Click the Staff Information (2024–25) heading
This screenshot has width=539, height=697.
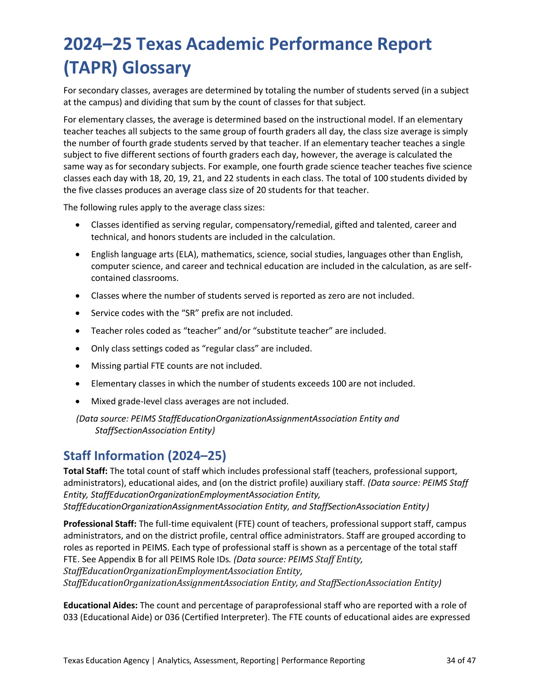point(145,456)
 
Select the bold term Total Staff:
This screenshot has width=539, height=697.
point(85,471)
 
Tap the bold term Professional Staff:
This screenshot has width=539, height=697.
point(100,524)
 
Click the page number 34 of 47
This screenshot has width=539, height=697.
point(461,660)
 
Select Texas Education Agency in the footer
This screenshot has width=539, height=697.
point(106,660)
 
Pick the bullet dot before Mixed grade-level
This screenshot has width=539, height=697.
point(77,401)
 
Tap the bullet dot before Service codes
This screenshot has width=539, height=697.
point(77,313)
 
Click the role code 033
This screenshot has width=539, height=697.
point(70,617)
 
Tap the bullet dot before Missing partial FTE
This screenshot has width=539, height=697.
point(77,366)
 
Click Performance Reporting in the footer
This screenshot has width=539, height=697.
point(323,660)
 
